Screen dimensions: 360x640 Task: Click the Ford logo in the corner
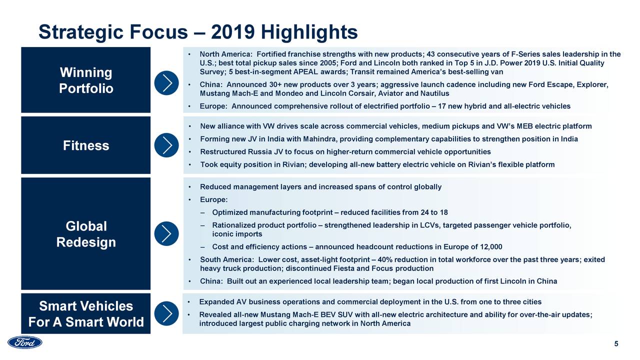tap(25, 342)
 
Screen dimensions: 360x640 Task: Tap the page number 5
tap(616, 343)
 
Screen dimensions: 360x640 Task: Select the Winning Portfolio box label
tap(86, 80)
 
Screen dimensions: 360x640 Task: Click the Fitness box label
tap(86, 145)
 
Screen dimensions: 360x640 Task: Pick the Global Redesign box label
tap(86, 234)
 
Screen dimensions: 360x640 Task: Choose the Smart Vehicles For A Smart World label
tap(86, 314)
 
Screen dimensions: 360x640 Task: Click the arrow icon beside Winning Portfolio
tap(167, 82)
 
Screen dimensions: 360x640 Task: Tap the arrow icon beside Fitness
tap(167, 145)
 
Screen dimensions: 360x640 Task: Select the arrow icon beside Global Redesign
tap(167, 233)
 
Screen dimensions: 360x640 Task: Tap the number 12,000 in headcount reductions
tap(490, 246)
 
